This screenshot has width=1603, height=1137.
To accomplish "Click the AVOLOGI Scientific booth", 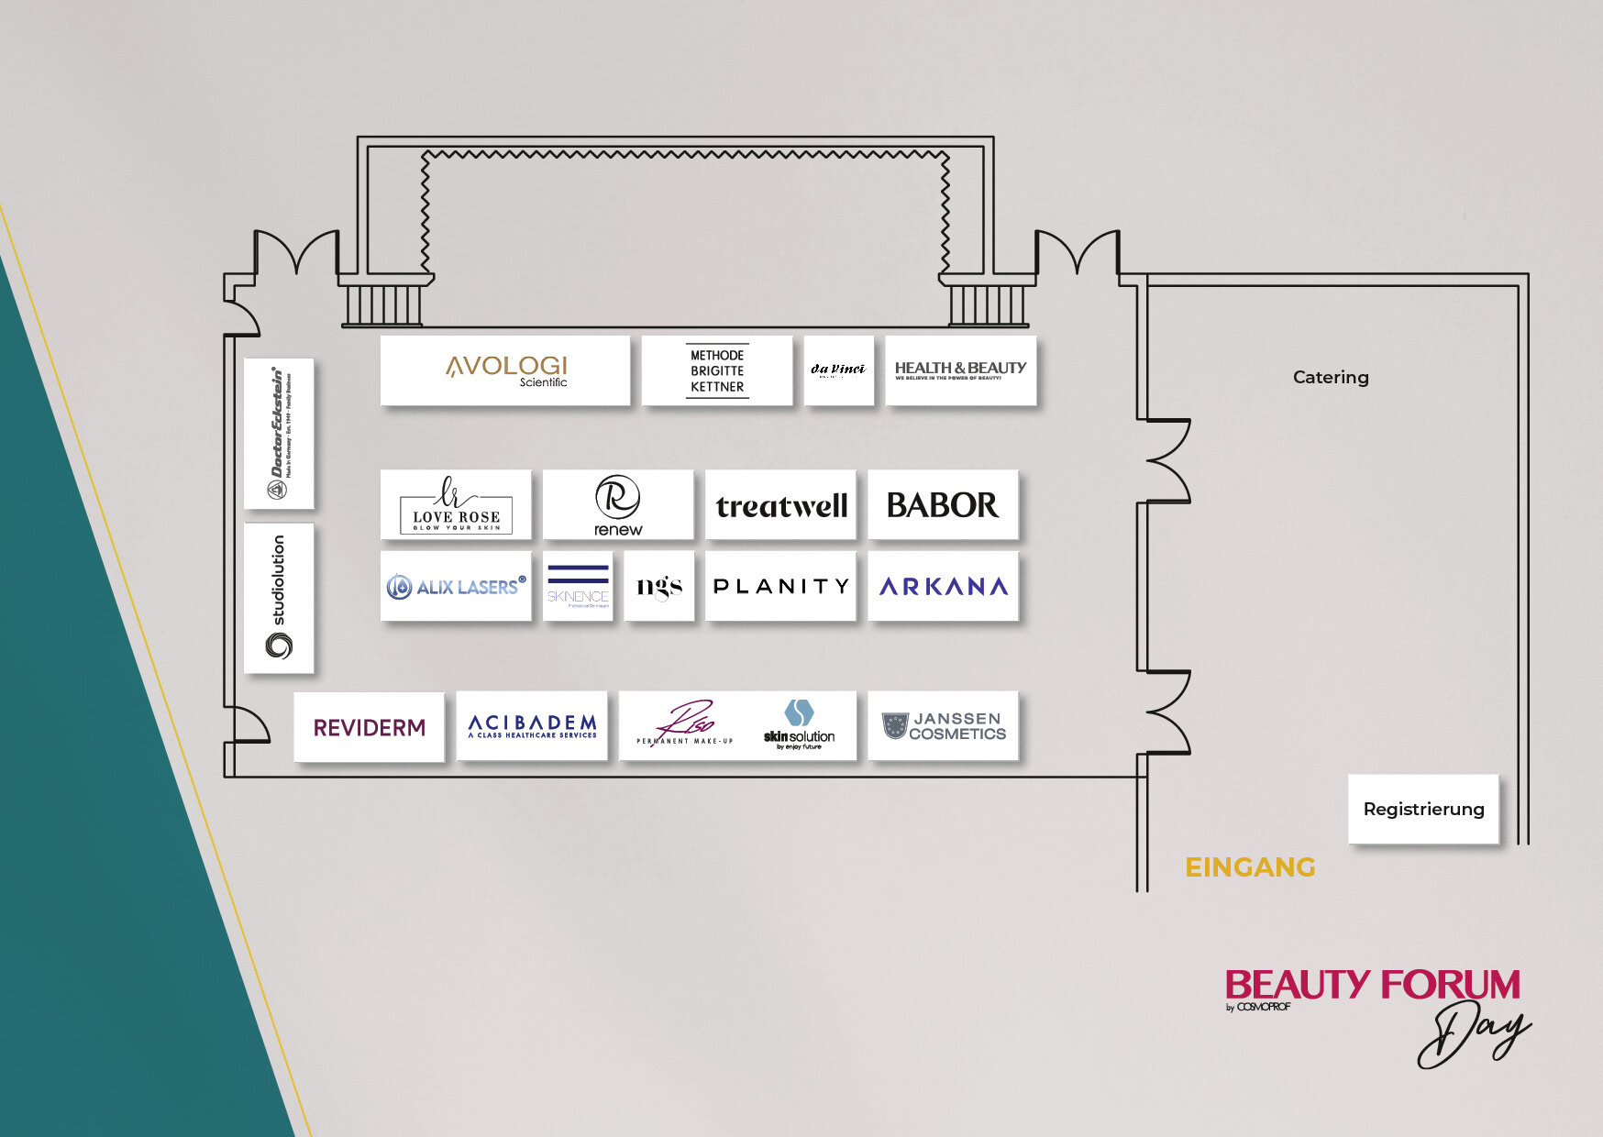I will (x=505, y=370).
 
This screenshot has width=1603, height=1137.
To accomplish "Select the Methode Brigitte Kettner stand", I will (x=717, y=370).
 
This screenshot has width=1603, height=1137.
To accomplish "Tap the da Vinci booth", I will (x=838, y=370).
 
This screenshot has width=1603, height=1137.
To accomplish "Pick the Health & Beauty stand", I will (x=960, y=370).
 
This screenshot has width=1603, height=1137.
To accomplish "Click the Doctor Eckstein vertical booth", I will (x=279, y=434).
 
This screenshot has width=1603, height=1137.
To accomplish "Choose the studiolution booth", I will (x=279, y=598).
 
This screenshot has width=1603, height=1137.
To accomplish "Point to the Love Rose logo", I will (x=456, y=505).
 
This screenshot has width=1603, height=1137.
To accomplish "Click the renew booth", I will (x=618, y=505).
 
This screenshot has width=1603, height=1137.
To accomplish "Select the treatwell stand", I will (x=780, y=505).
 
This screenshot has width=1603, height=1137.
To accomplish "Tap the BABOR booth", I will (x=943, y=505).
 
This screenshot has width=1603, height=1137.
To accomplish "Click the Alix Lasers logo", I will (x=456, y=586).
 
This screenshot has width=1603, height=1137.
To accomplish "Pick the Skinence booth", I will (x=578, y=586).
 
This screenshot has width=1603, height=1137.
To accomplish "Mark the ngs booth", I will (x=659, y=586).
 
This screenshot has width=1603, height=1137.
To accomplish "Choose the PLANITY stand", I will (x=780, y=586).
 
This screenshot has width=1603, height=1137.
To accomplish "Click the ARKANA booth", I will (x=943, y=586).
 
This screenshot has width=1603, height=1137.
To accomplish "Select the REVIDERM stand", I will (x=369, y=727).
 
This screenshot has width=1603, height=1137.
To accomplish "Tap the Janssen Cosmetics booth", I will (x=943, y=726).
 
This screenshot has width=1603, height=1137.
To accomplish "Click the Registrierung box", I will (x=1423, y=809).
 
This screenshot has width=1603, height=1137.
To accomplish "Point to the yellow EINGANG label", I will (x=1250, y=867).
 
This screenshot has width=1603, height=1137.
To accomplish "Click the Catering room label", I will (x=1331, y=377).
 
